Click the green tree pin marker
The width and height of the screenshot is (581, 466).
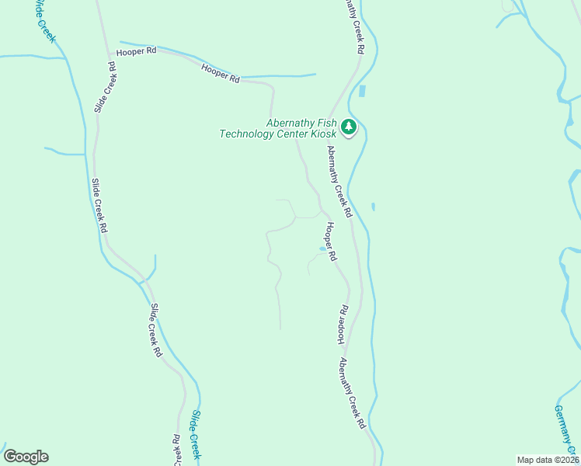coord(349,127)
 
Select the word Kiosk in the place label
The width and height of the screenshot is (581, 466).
coord(322,134)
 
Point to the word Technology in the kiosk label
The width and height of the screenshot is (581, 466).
coord(248,134)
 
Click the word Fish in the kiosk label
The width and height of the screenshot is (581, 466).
coord(328,123)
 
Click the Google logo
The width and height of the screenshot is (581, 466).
coord(26,457)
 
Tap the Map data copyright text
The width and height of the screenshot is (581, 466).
coord(548,460)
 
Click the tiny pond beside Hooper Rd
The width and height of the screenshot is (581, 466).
coord(322,249)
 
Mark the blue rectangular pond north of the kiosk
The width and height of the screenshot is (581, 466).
coord(362,91)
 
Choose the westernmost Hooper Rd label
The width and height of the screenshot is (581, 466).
coord(136,51)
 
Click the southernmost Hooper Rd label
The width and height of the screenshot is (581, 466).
coord(343,325)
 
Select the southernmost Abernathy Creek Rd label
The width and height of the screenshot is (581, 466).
coord(351,394)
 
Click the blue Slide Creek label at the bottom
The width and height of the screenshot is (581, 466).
coord(196,435)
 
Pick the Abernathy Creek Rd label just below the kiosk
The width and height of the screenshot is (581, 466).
coord(339,181)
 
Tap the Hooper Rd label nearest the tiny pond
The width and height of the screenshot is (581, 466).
coord(331,242)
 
